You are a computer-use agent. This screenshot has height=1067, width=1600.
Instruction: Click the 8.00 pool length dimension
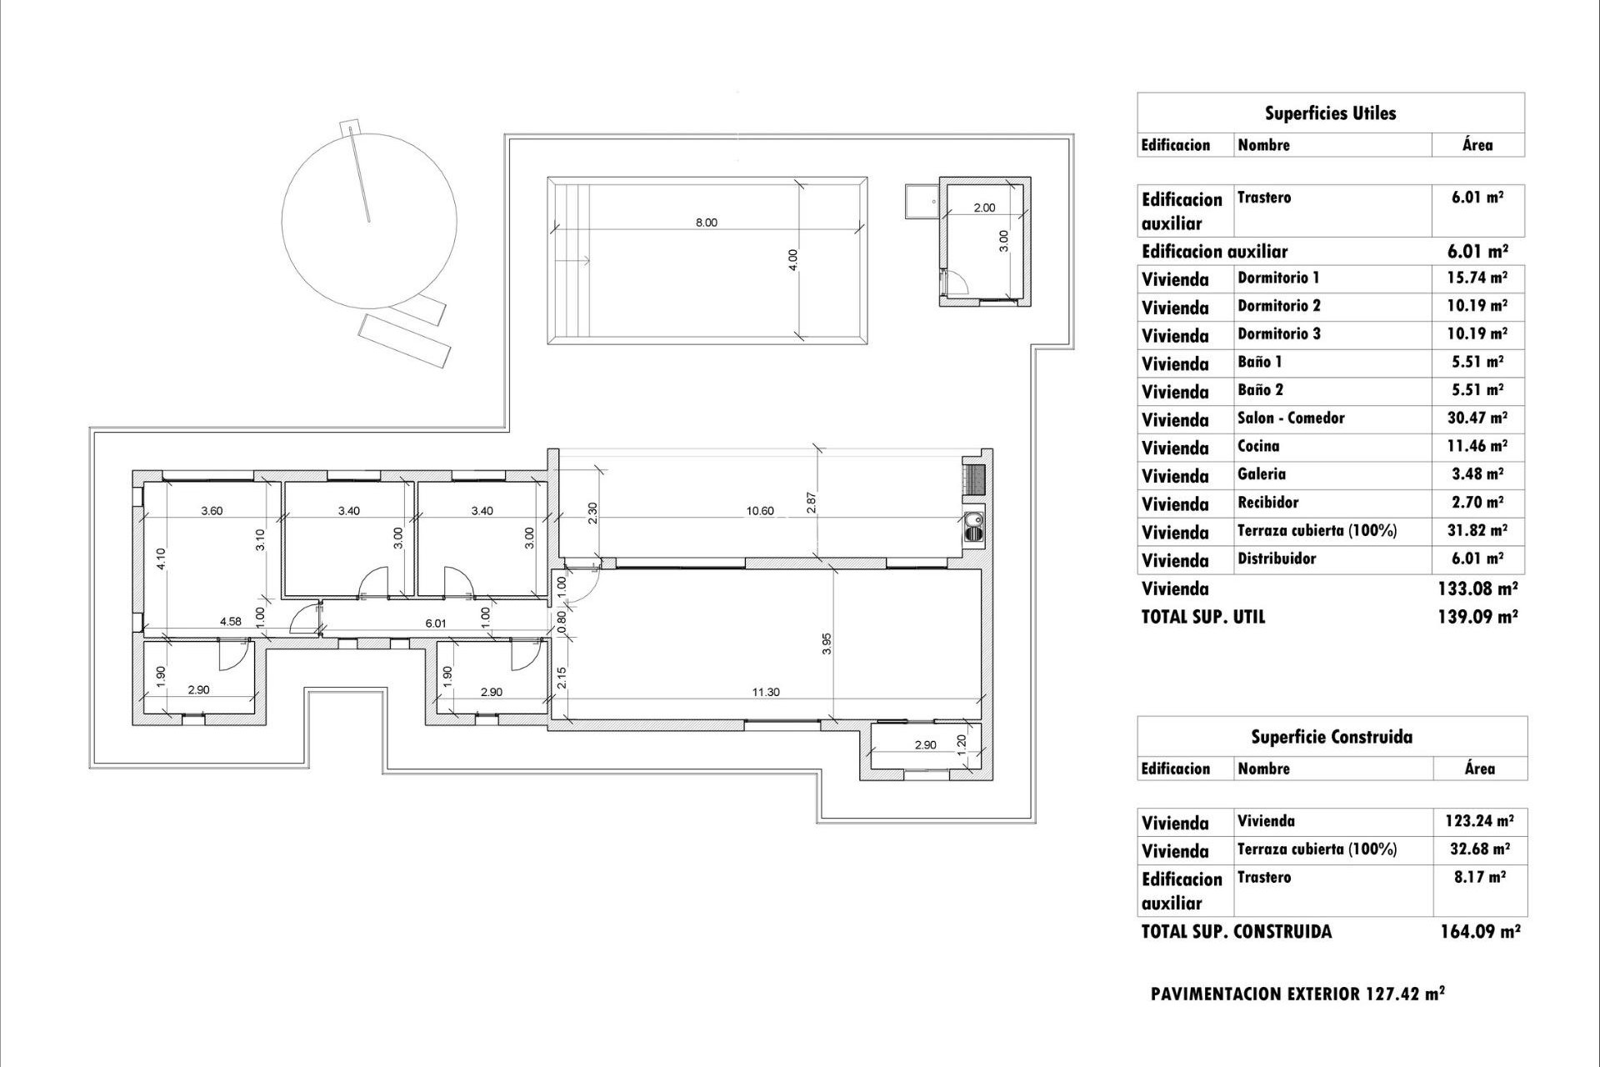click(706, 223)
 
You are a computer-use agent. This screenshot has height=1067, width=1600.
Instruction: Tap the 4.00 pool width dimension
click(793, 259)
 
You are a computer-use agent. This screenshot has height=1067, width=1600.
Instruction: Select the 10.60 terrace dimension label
click(760, 511)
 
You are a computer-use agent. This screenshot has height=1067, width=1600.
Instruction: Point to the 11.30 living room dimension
click(766, 692)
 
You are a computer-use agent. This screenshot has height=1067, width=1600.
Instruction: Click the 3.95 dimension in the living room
click(827, 644)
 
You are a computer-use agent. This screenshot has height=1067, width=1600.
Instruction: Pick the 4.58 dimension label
click(231, 621)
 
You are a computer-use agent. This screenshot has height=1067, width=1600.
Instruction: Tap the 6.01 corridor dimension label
click(436, 623)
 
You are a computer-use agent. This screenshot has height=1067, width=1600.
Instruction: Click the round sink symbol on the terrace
click(973, 524)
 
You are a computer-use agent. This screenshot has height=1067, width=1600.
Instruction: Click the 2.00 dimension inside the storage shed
click(984, 208)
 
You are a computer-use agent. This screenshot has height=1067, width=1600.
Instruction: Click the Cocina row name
click(1257, 446)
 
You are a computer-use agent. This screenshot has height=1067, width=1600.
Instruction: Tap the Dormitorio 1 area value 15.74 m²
click(1477, 278)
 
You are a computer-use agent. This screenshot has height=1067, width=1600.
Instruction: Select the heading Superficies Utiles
click(1330, 113)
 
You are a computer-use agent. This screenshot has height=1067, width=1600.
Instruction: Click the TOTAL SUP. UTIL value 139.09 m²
click(1477, 617)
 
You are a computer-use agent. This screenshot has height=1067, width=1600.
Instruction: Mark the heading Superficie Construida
click(1331, 737)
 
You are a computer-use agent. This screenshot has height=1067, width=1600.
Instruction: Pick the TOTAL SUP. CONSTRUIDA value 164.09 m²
click(1479, 931)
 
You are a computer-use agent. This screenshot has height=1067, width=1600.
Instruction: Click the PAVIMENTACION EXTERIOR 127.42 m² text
click(1297, 994)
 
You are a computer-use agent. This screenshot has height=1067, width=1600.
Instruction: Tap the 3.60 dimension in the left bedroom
click(212, 511)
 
